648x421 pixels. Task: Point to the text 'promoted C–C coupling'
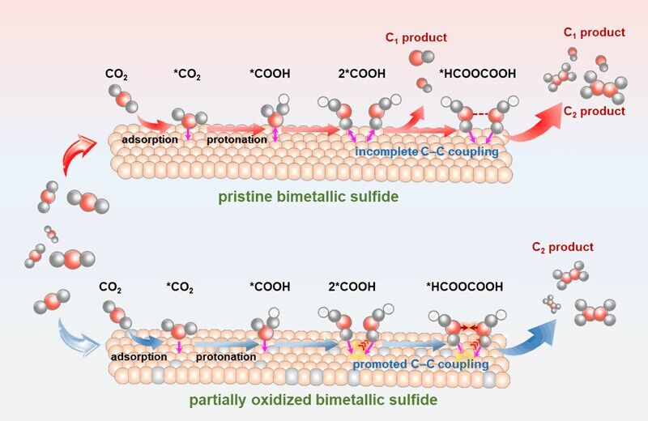pos(420,364)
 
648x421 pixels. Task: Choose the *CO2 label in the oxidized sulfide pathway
pos(183,287)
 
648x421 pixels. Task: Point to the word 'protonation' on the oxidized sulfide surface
pos(220,353)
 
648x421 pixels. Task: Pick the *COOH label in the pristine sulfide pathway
pos(270,75)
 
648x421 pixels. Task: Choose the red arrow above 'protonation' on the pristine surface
pos(235,128)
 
